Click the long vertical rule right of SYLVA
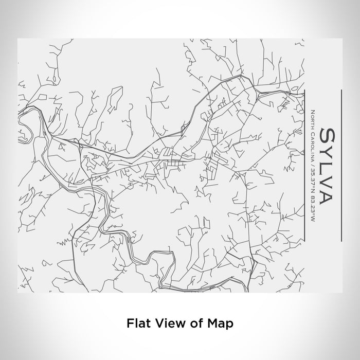pos(342,165)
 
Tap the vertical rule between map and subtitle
pos(305,165)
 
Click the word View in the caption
pos(164,323)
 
